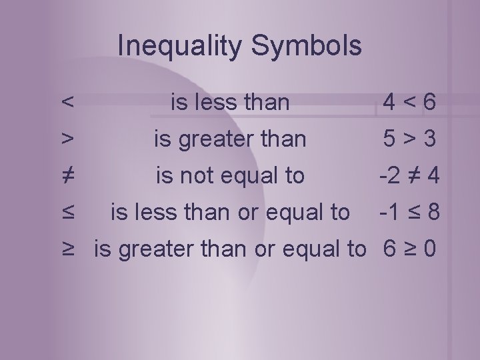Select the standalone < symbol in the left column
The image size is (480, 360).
tap(67, 103)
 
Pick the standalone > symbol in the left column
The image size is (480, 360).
tap(67, 139)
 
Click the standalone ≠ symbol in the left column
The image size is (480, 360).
tap(67, 175)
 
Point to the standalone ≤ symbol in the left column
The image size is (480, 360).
tap(67, 212)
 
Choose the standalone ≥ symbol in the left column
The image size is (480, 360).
tap(67, 249)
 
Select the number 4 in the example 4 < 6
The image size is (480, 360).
tap(389, 103)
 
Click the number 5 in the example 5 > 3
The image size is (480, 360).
tap(389, 139)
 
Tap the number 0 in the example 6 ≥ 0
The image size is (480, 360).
tap(431, 249)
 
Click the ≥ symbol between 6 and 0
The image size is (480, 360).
tap(410, 249)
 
